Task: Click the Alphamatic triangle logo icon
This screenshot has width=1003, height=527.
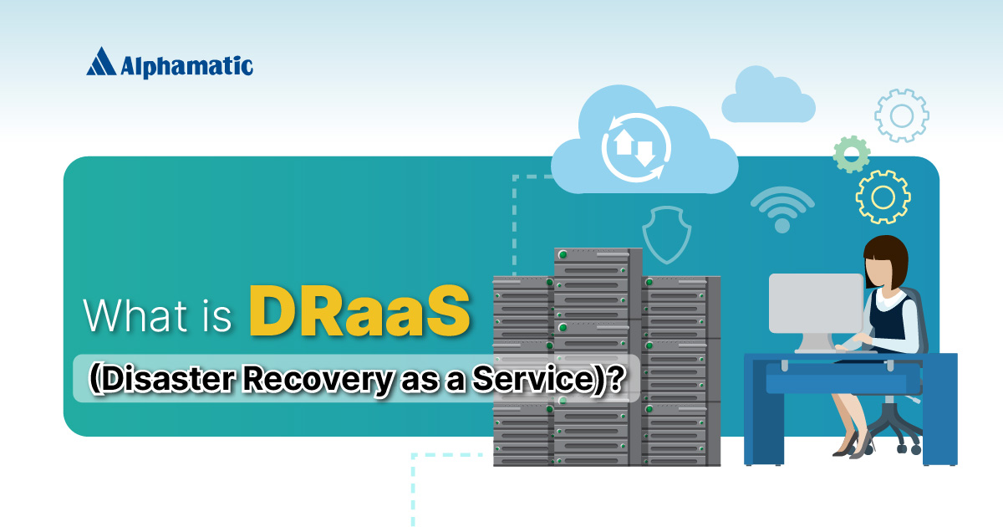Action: click(x=101, y=61)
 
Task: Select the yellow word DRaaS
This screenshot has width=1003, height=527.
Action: click(x=359, y=312)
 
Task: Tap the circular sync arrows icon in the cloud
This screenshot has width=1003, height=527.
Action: click(x=632, y=148)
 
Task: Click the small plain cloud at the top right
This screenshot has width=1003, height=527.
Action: click(x=768, y=98)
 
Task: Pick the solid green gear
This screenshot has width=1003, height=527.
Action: click(x=852, y=155)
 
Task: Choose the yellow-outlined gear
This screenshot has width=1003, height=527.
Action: click(x=883, y=197)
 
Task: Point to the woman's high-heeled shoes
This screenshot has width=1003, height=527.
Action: click(x=851, y=448)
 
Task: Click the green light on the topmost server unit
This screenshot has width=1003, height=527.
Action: click(x=563, y=254)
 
